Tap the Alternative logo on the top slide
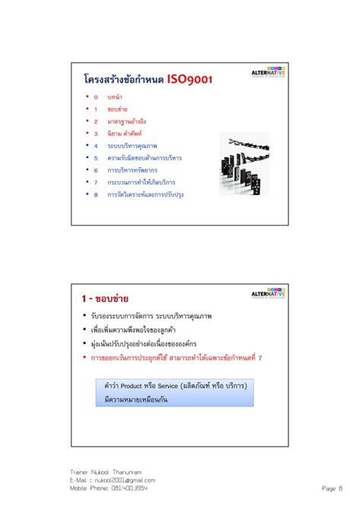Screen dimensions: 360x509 click(268, 72)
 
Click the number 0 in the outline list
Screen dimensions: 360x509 click(96, 97)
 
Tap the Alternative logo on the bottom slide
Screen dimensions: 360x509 click(268, 292)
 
